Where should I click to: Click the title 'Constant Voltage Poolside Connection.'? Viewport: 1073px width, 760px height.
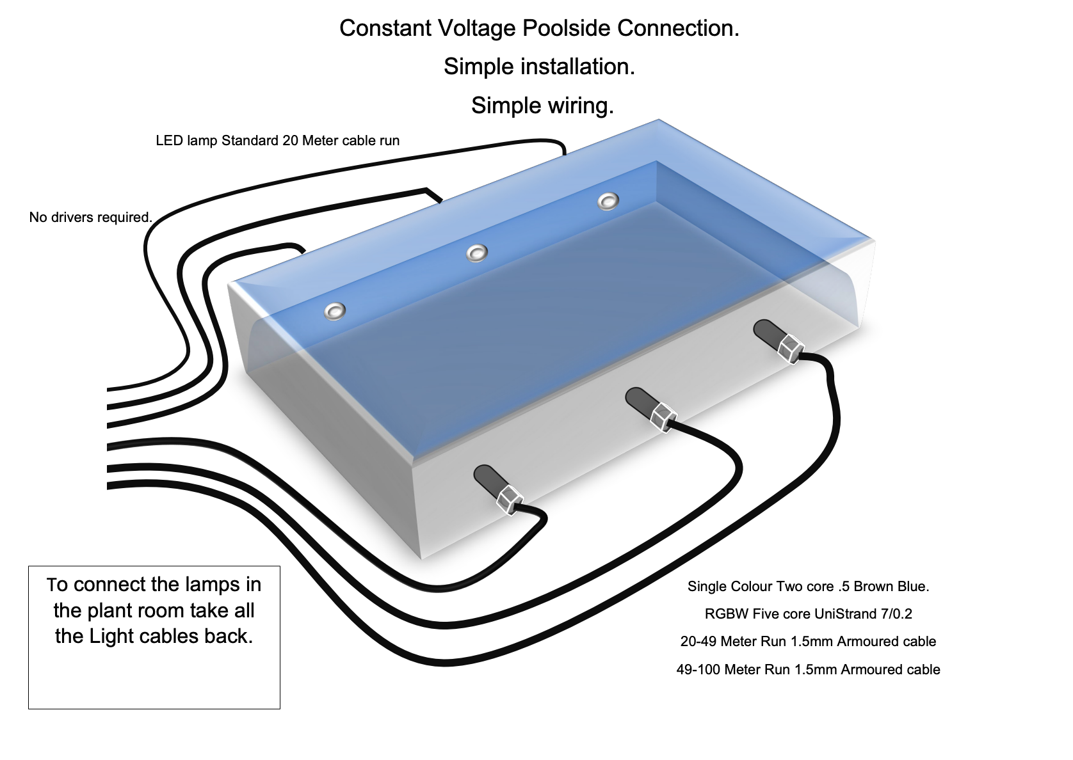pos(539,28)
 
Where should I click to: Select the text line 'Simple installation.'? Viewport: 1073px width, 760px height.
pos(539,67)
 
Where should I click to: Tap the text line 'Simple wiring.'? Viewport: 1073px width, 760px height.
pos(542,106)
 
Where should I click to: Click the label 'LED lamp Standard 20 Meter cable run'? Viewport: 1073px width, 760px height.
pos(277,141)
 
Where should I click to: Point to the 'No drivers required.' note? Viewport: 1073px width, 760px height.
pos(90,218)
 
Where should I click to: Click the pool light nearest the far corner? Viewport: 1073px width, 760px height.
pos(608,202)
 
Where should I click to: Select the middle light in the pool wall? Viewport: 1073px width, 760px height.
pos(476,253)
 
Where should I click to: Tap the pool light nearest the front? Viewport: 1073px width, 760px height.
pos(334,312)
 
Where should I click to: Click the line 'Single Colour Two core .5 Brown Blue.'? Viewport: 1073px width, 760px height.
pos(808,586)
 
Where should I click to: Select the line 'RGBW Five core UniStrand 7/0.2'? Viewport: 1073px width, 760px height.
pos(808,614)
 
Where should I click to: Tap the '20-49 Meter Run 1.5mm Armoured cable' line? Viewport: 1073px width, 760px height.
pos(808,642)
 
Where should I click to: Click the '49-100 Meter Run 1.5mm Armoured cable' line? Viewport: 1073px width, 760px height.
pos(808,670)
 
